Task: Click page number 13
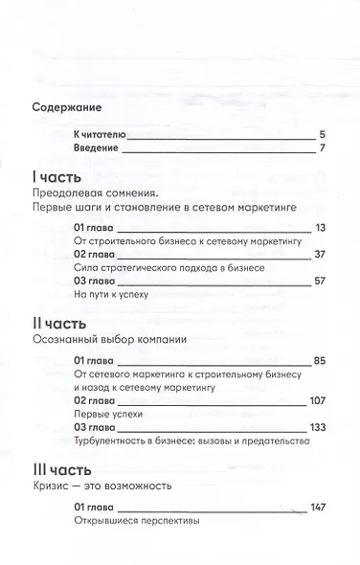coord(321,227)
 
